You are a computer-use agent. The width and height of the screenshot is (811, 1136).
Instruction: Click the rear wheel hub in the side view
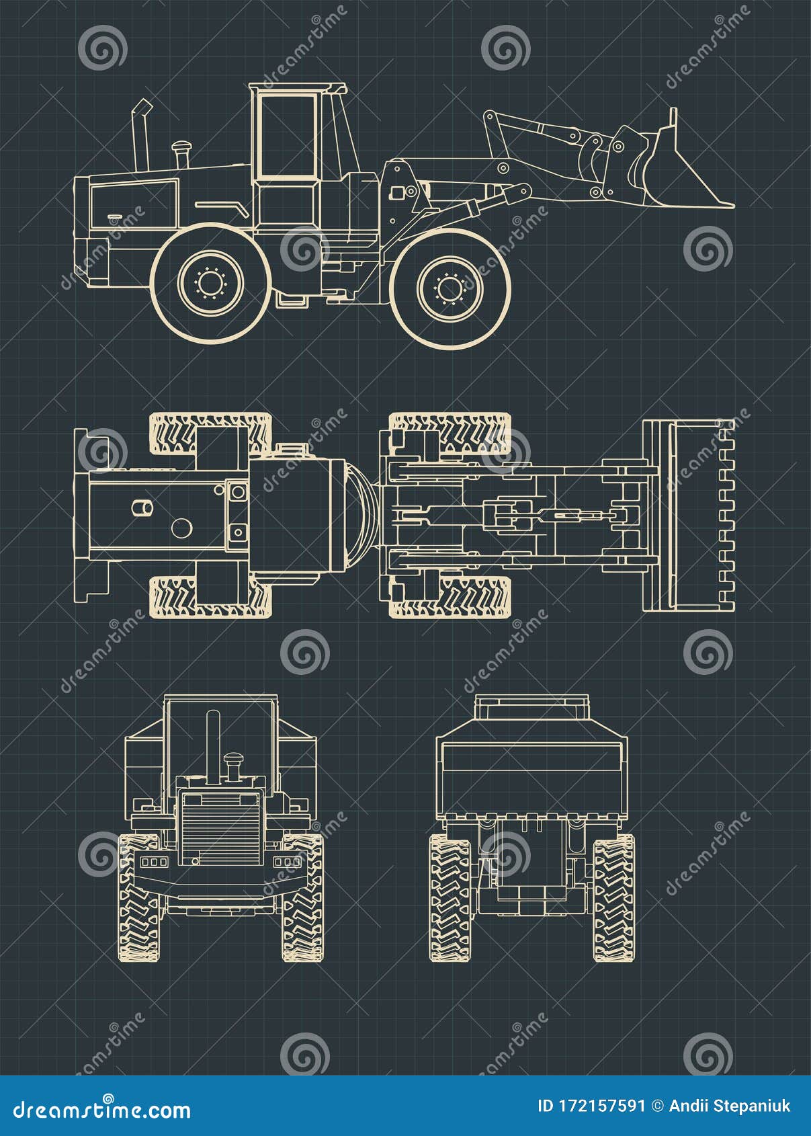pyautogui.click(x=210, y=282)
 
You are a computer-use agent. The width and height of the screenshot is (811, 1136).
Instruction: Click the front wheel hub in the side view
pyautogui.click(x=450, y=289)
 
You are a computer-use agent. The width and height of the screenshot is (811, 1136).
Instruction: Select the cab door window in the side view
pyautogui.click(x=288, y=136)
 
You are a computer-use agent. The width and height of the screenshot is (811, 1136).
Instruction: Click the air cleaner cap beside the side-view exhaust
pyautogui.click(x=181, y=147)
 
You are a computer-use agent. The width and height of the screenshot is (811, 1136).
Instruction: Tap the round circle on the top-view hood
pyautogui.click(x=181, y=528)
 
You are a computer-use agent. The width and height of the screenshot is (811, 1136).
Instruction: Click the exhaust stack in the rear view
pyautogui.click(x=213, y=746)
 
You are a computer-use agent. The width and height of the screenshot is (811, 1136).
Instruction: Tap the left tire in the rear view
pyautogui.click(x=139, y=897)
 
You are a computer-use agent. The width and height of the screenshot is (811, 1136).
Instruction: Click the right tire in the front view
pyautogui.click(x=613, y=897)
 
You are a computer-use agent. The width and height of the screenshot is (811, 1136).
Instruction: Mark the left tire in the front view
pyautogui.click(x=450, y=897)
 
